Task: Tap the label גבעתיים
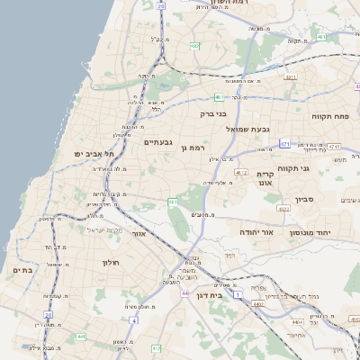pyautogui.click(x=157, y=141)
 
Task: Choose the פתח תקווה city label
pyautogui.click(x=329, y=116)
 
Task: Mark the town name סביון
pyautogui.click(x=302, y=201)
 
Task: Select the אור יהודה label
pyautogui.click(x=256, y=231)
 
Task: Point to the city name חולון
pyautogui.click(x=105, y=262)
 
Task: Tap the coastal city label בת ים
pyautogui.click(x=23, y=269)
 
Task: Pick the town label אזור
pyautogui.click(x=139, y=233)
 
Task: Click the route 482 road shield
pyautogui.click(x=195, y=45)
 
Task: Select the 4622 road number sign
pyautogui.click(x=283, y=209)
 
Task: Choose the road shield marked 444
pyautogui.click(x=80, y=337)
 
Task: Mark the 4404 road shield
pyautogui.click(x=297, y=321)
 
